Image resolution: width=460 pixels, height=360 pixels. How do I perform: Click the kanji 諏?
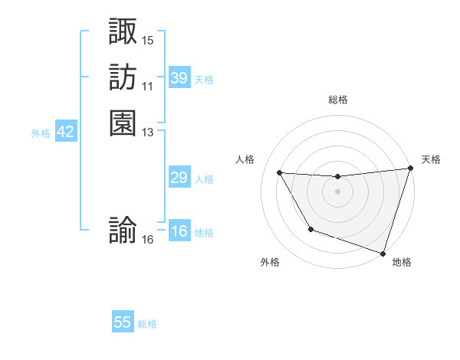click(x=123, y=31)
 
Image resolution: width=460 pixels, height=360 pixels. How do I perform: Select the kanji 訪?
click(x=123, y=77)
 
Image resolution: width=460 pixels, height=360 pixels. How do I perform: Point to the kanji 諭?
click(x=123, y=231)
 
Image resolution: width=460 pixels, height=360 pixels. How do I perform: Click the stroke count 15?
click(x=148, y=40)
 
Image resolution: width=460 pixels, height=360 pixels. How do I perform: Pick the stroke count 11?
click(x=148, y=86)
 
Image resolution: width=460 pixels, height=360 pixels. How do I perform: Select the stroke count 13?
click(x=148, y=132)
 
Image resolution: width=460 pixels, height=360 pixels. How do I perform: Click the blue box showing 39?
click(x=179, y=78)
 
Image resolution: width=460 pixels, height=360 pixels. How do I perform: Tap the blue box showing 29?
click(x=179, y=178)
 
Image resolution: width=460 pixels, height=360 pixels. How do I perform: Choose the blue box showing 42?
click(x=65, y=132)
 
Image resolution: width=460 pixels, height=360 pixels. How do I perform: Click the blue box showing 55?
click(x=123, y=322)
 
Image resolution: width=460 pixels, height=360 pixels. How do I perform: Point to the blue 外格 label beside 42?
click(x=41, y=133)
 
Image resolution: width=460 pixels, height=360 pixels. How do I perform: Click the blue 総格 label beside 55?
click(x=147, y=324)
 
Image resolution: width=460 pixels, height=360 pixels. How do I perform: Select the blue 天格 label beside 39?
click(x=204, y=80)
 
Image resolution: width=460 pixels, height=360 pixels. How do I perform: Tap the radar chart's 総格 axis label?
click(x=338, y=100)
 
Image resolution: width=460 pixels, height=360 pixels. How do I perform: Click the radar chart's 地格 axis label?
click(x=402, y=262)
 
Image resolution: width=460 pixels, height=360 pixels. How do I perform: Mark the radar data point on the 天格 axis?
click(x=410, y=169)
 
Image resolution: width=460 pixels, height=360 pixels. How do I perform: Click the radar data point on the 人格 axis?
click(x=280, y=173)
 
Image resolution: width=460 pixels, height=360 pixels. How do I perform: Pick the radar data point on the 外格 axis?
click(x=310, y=229)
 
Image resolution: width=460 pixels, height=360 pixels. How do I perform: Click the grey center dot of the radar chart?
click(x=338, y=191)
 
